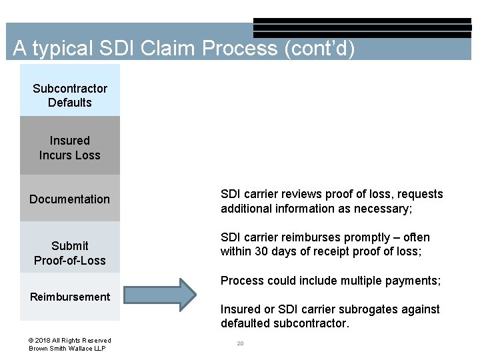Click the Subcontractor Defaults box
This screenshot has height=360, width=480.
coord(70,95)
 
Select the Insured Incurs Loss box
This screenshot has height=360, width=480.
coord(70,147)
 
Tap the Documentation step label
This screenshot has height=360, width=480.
coord(70,199)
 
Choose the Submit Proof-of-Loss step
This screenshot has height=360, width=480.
coord(70,253)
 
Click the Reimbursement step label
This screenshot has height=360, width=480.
coord(70,297)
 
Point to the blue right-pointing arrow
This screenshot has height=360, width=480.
coord(160,294)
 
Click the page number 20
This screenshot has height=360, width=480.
coord(240,343)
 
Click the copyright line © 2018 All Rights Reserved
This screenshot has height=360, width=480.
coord(70,340)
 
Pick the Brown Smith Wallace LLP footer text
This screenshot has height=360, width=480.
coord(67,349)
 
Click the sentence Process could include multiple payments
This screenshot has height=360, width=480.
coord(331,281)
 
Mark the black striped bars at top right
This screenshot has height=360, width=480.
coord(362,28)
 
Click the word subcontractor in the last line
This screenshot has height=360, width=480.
coord(305,324)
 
